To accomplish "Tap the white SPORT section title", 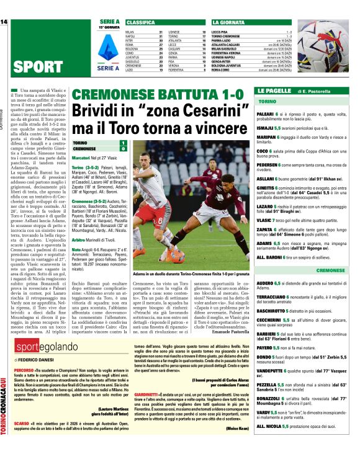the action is pos(37,66).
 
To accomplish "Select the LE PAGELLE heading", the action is pos(273,91).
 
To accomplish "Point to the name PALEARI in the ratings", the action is pos(267,114).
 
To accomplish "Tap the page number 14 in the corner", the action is pos(4,22).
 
